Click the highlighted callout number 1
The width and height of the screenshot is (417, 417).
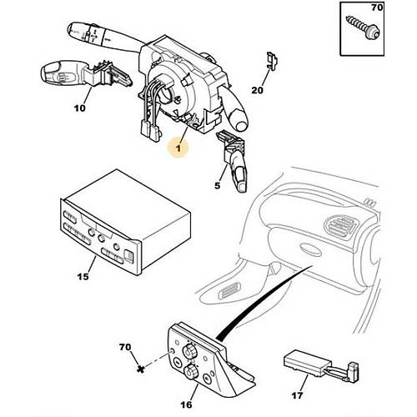178,148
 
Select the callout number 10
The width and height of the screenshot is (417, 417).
80,108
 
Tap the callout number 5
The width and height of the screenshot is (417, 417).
218,186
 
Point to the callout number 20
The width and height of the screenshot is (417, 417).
258,90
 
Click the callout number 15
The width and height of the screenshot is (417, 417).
83,277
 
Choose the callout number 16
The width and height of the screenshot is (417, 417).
186,404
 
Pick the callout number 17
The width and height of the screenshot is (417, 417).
297,395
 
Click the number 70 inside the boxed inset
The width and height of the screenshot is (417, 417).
377,8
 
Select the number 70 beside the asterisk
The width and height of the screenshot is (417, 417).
125,347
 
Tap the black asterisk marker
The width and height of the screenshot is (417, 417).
141,369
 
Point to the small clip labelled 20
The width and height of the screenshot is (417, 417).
273,60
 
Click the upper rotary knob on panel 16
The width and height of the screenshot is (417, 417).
188,351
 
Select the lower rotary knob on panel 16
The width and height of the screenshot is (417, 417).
191,371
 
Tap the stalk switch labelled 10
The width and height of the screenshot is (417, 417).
86,74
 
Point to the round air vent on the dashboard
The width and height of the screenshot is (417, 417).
341,223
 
